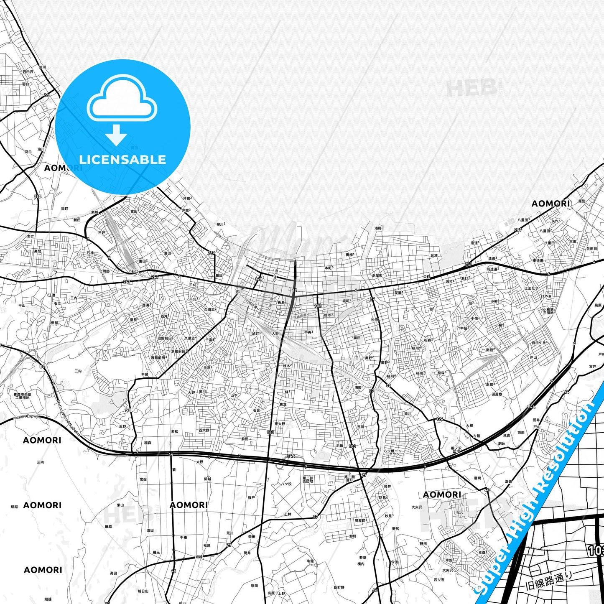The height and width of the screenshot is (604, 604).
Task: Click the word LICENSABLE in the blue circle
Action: pos(122,160)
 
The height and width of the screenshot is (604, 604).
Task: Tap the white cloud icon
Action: pos(122,100)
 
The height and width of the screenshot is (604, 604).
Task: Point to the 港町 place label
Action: pos(378,228)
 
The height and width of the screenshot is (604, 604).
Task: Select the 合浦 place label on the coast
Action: pos(434,255)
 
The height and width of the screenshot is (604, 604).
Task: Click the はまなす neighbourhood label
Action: pos(531,288)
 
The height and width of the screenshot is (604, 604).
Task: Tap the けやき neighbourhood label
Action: pos(546,296)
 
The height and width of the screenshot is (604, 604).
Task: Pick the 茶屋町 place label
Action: pos(377,275)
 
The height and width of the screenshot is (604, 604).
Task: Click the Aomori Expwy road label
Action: pos(25,417)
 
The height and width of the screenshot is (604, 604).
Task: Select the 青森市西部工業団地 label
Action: pos(22,395)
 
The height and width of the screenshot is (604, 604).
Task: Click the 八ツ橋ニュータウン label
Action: pos(392,452)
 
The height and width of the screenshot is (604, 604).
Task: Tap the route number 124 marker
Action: pos(439,419)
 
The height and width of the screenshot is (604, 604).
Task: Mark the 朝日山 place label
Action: pos(143,591)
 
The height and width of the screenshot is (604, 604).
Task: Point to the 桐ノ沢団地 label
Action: pos(456,449)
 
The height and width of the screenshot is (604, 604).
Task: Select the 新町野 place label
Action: pos(339,587)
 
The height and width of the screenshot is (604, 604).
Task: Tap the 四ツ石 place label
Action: pos(438,580)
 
